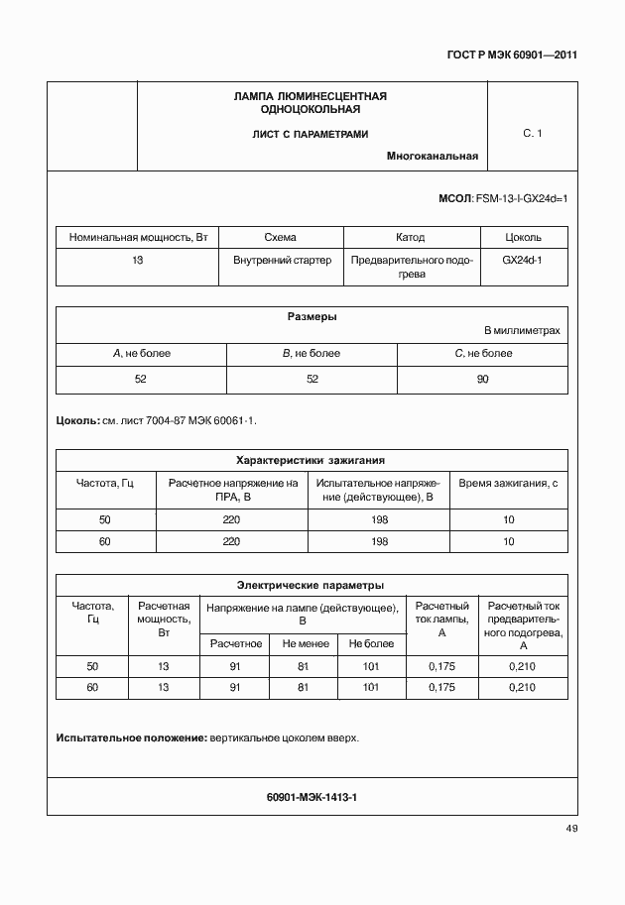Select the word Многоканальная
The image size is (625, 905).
(x=433, y=156)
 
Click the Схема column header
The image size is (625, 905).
(x=281, y=238)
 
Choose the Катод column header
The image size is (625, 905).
(x=410, y=238)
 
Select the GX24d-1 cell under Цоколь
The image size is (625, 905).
(x=523, y=260)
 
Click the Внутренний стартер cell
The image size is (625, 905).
(x=281, y=260)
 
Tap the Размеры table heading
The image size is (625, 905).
(x=312, y=317)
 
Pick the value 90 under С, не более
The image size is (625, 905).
(x=482, y=379)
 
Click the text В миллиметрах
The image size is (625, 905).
(x=522, y=330)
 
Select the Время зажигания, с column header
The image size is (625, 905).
(x=508, y=483)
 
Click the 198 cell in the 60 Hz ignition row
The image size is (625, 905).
(x=379, y=541)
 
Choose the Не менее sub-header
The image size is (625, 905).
(x=303, y=643)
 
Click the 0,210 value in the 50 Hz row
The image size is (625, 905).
(x=522, y=667)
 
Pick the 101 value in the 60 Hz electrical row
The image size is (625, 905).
(x=371, y=687)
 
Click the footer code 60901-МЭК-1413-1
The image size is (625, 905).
(x=312, y=797)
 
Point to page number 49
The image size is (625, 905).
(x=571, y=829)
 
